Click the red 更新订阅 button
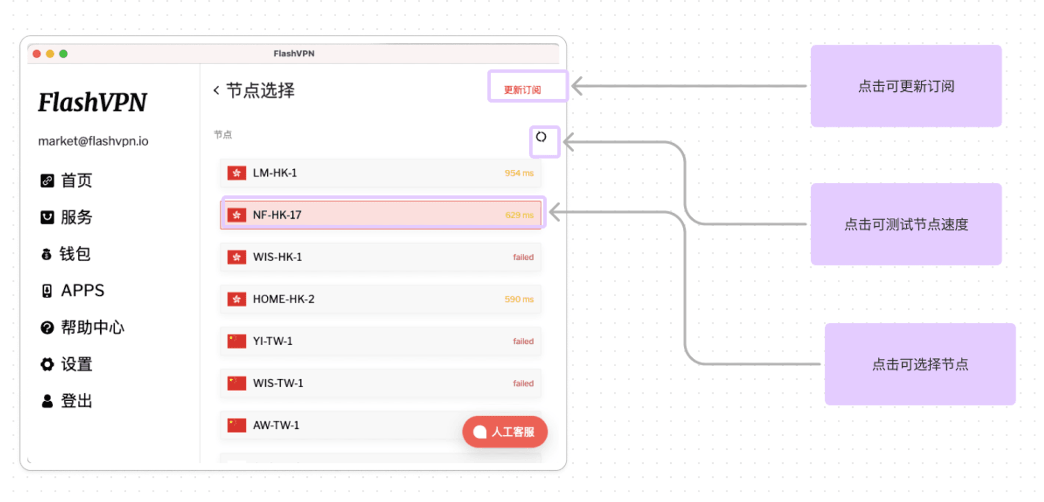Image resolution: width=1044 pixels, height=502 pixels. click(522, 90)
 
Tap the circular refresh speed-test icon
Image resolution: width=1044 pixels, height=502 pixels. click(541, 137)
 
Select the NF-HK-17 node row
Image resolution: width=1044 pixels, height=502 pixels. click(381, 215)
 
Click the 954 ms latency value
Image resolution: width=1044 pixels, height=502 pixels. click(519, 173)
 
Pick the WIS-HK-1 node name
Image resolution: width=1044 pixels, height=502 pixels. click(277, 257)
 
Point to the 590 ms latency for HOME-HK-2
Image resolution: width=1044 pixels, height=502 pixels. click(519, 299)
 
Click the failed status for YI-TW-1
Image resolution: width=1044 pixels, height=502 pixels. click(523, 341)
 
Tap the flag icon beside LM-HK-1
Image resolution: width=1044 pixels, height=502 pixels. click(236, 173)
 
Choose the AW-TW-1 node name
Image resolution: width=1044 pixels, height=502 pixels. click(276, 425)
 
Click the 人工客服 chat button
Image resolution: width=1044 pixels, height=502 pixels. click(505, 432)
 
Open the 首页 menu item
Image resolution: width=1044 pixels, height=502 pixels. click(66, 181)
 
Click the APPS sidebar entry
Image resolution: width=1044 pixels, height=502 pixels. click(73, 290)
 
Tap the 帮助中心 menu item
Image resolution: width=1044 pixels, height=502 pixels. click(82, 328)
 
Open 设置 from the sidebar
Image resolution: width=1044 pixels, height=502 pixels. click(66, 364)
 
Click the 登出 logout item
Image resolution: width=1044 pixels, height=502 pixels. click(66, 401)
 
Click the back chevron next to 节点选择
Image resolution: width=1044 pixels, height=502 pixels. click(216, 90)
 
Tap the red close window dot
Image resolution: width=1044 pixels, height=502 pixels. click(37, 54)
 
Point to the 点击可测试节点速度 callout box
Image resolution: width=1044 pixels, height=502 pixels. click(906, 224)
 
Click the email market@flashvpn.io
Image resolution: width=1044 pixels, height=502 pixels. click(93, 141)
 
